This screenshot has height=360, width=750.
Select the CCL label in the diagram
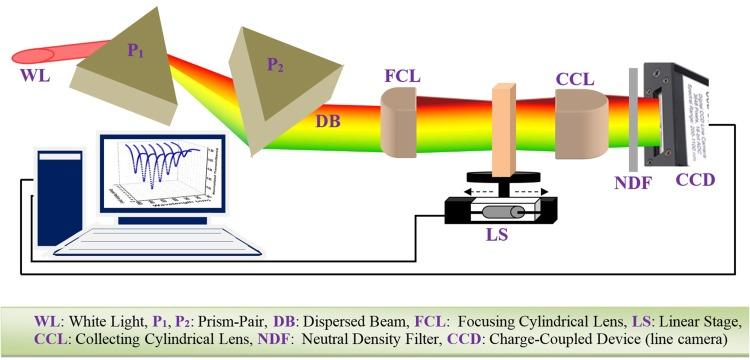[579, 77]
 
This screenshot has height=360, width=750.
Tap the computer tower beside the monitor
[54, 195]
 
